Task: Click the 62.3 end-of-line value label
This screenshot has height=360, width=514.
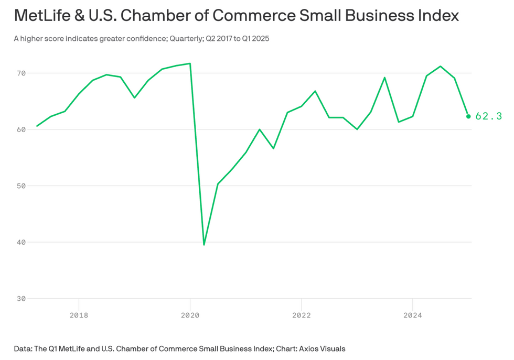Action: click(x=488, y=116)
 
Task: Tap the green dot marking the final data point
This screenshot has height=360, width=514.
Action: click(x=468, y=116)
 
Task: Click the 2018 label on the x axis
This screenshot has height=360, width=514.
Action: click(x=79, y=315)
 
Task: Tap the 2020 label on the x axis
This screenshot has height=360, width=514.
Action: click(x=190, y=315)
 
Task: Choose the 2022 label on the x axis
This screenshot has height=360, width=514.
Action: click(x=302, y=315)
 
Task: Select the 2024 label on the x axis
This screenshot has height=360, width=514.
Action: click(x=413, y=315)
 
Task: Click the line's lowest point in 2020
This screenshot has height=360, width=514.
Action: click(x=204, y=245)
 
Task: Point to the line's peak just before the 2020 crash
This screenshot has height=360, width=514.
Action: click(x=190, y=63)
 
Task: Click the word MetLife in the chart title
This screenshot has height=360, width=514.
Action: click(x=39, y=15)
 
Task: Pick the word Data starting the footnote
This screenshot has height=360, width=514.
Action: click(x=23, y=348)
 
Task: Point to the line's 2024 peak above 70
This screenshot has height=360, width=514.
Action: click(x=441, y=67)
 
